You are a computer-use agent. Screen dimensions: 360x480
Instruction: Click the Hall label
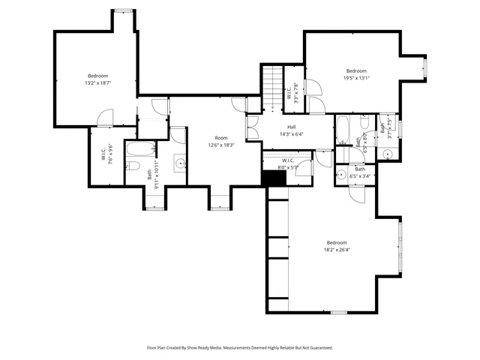point(291,127)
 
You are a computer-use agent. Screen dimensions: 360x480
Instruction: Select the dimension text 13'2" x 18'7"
point(97,82)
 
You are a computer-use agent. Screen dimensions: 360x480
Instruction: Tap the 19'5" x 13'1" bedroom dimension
point(357,78)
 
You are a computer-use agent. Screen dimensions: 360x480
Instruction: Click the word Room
point(221,138)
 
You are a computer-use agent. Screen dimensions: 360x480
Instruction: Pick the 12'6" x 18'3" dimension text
point(221,145)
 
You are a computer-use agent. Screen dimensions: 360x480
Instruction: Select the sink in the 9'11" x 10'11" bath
point(180,163)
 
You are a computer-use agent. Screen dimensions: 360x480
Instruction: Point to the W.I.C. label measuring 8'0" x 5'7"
point(288,160)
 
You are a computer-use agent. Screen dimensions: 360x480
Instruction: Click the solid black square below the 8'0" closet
point(268,179)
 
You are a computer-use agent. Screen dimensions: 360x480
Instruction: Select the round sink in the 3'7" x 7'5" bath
point(388,154)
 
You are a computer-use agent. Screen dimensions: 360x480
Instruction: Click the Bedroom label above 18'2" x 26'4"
point(337,242)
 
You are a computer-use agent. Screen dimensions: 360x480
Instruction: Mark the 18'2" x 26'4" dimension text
point(337,250)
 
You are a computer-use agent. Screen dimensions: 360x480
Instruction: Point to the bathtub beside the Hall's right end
point(342,130)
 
